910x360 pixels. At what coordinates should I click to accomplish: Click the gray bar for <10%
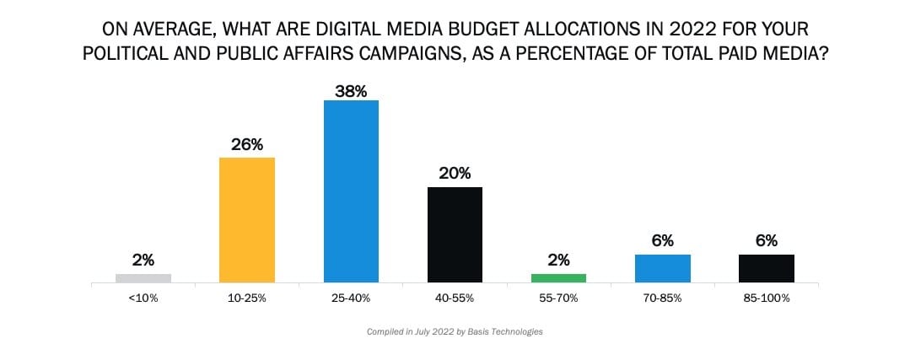[143, 277]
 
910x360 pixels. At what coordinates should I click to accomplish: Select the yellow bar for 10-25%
[246, 219]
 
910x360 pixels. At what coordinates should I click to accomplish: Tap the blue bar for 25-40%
[351, 191]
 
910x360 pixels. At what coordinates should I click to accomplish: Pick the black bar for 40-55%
[455, 234]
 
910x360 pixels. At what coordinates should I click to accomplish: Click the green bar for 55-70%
[558, 277]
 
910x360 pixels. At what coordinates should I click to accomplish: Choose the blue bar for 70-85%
[662, 268]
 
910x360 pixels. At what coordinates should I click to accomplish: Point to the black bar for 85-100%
[767, 268]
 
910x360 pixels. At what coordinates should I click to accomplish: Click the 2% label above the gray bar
[143, 261]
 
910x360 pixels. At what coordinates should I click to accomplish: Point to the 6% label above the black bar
[767, 240]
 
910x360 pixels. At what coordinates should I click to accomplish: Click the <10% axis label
[143, 298]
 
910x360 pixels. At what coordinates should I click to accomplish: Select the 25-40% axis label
[351, 298]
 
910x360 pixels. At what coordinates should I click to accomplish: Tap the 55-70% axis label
[558, 298]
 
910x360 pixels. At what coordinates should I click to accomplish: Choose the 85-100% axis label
[767, 298]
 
